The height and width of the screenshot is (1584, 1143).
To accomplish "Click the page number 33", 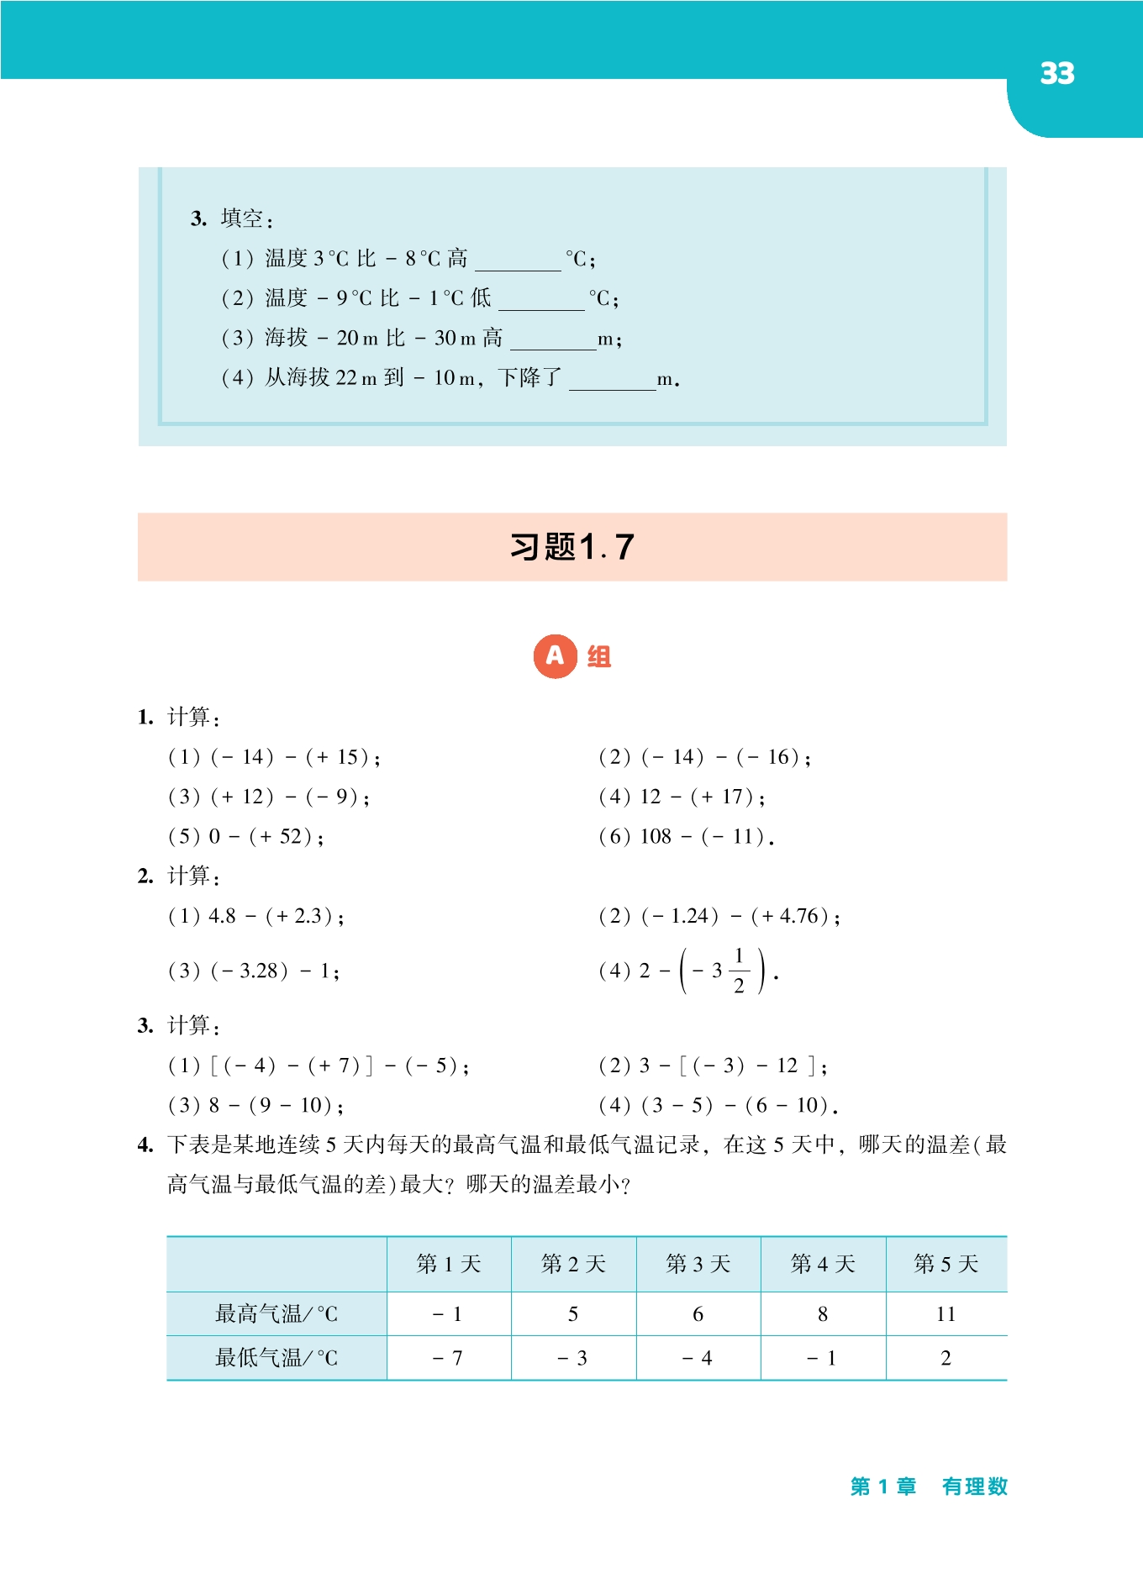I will (1056, 74).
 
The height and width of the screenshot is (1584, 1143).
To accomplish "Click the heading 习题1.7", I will (571, 547).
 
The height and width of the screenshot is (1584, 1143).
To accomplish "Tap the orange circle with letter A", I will (555, 656).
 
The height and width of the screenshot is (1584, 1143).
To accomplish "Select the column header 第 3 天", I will (698, 1264).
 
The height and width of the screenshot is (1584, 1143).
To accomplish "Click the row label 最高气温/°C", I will (277, 1313).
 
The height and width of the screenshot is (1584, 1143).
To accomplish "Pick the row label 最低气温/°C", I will (277, 1358).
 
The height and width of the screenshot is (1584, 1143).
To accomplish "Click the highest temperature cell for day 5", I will (945, 1314).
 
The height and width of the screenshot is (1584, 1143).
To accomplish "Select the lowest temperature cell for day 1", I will (448, 1358).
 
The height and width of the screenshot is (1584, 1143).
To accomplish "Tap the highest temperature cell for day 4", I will (822, 1314).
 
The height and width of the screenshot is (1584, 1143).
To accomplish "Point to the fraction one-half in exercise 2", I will (739, 971).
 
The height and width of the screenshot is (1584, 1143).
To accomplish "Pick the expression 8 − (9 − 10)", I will (275, 1105).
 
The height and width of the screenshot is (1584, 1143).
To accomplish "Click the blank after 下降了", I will (612, 380).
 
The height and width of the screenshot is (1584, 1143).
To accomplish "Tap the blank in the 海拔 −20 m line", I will (552, 339).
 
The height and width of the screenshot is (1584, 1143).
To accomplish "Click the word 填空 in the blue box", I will (242, 218).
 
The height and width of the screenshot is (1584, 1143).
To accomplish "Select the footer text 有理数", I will (974, 1487).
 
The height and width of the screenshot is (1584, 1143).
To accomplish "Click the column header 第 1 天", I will (448, 1264).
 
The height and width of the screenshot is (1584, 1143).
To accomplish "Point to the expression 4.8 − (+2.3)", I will (275, 916).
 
